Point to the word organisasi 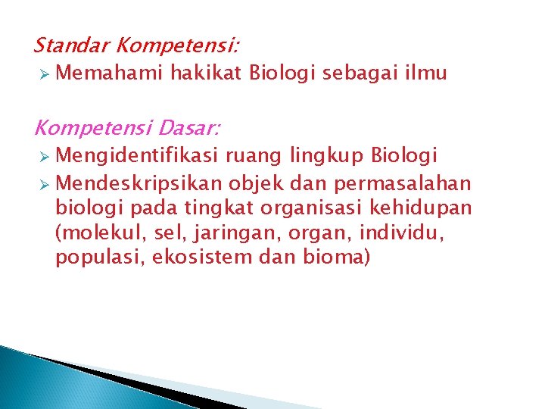pos(282,208)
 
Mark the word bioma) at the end pos(332,257)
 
